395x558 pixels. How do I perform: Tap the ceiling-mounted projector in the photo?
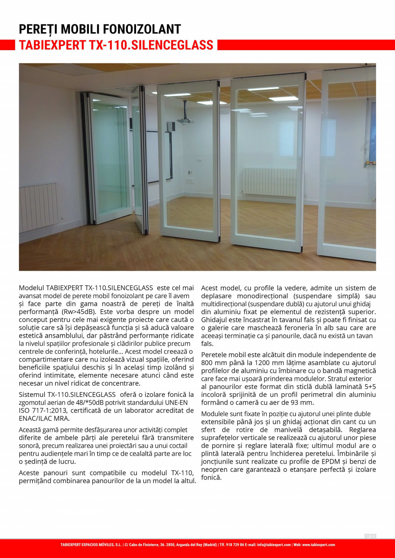coord(185,121)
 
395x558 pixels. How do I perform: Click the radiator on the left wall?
coord(38,207)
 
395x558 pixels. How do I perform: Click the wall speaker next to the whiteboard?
coord(171,127)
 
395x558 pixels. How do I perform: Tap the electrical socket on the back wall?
coord(189,181)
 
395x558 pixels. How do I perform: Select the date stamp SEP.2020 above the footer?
coord(370,536)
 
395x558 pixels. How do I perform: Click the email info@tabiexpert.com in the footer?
coord(274,545)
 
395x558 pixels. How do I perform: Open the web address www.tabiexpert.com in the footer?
coord(319,545)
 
